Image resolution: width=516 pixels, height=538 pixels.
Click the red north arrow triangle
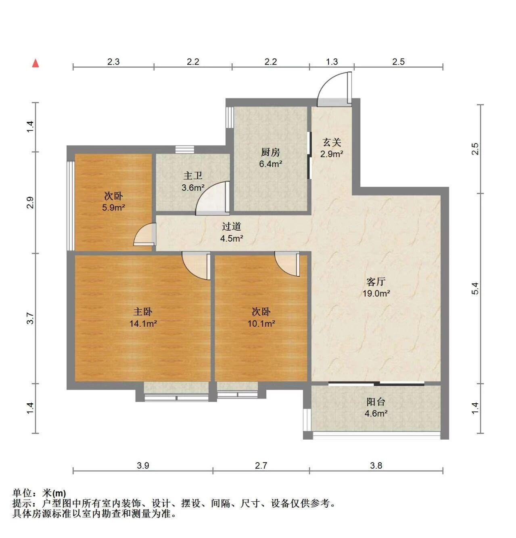[36, 63]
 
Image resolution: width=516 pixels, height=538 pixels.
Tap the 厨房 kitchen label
[270, 152]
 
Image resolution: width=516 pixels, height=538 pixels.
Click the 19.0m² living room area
[376, 293]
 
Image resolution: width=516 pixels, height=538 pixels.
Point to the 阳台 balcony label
[376, 402]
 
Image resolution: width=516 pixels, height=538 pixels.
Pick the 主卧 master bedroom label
[143, 312]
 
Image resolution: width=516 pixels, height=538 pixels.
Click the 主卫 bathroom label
[193, 175]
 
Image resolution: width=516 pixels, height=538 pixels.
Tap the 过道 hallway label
[232, 226]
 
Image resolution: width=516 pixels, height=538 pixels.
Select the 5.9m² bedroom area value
[113, 207]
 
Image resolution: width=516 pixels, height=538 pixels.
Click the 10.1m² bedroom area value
[261, 323]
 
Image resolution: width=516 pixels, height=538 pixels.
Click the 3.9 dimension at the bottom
[143, 465]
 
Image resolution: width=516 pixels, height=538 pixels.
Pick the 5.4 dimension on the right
[474, 288]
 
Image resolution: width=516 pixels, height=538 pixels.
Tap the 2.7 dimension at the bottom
[261, 465]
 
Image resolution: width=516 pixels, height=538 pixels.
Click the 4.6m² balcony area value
[376, 413]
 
